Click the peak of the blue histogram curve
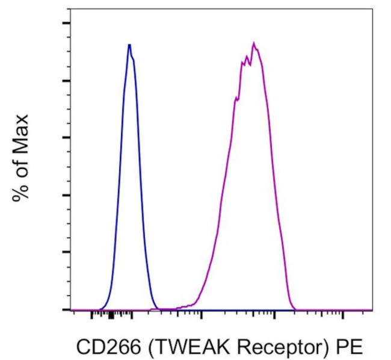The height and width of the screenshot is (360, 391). tap(129, 45)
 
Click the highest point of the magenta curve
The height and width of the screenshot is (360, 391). tap(254, 43)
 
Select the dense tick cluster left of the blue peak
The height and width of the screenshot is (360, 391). tap(111, 314)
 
